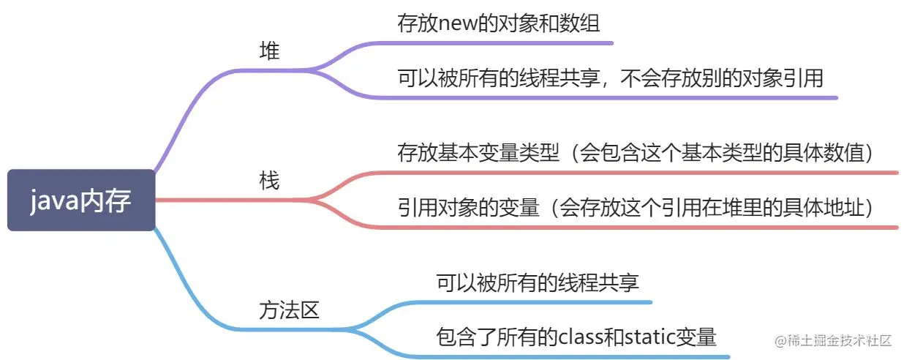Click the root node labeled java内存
tap(81, 200)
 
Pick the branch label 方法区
tap(290, 310)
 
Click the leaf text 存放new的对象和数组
tap(498, 23)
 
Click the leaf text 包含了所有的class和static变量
tap(576, 337)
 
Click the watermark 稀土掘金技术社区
tap(839, 341)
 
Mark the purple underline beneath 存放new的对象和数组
tap(505, 43)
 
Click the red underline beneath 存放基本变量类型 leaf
tap(644, 173)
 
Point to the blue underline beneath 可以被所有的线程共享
tap(541, 301)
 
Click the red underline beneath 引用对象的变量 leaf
tap(644, 227)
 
